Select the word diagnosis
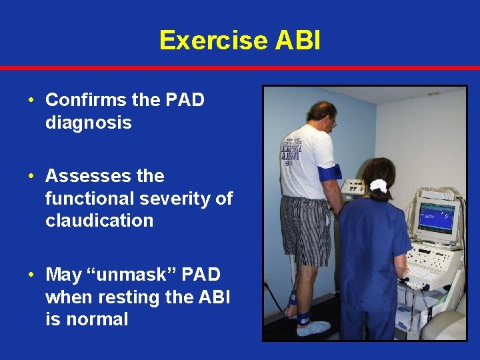click(88, 123)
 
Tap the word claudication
click(99, 221)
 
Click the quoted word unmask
click(139, 274)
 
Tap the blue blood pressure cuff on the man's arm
click(329, 173)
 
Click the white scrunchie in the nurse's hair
click(379, 186)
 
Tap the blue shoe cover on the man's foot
click(313, 328)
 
